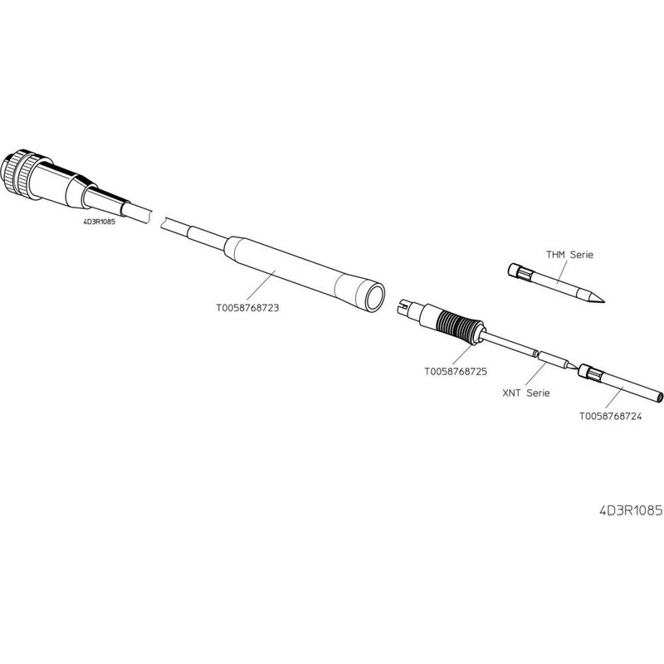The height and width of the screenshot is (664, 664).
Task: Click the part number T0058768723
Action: [247, 307]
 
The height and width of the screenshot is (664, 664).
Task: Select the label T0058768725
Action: [456, 371]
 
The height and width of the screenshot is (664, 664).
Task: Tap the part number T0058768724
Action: [610, 417]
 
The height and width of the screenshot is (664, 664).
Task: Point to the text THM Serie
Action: [569, 255]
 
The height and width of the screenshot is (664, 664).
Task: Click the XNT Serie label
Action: [526, 393]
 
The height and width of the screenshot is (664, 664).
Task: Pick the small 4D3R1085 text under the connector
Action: [99, 221]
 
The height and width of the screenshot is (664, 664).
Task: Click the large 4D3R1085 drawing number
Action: [631, 510]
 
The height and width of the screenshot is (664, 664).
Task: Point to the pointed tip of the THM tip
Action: [603, 302]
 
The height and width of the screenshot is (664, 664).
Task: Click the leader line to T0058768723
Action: [261, 285]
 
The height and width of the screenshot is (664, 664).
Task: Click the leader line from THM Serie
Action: [562, 272]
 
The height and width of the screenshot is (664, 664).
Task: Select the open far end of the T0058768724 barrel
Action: [659, 398]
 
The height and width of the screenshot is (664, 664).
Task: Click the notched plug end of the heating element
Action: [406, 307]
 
